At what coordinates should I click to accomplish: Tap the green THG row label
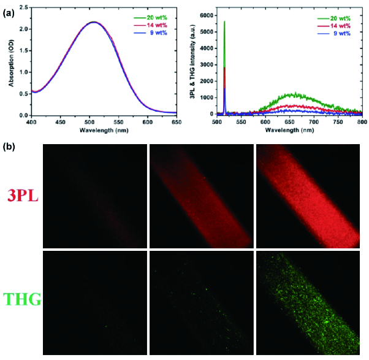pyautogui.click(x=22, y=301)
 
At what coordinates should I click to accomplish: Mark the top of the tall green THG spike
pyautogui.click(x=225, y=21)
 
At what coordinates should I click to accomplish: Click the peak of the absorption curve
pyautogui.click(x=93, y=22)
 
